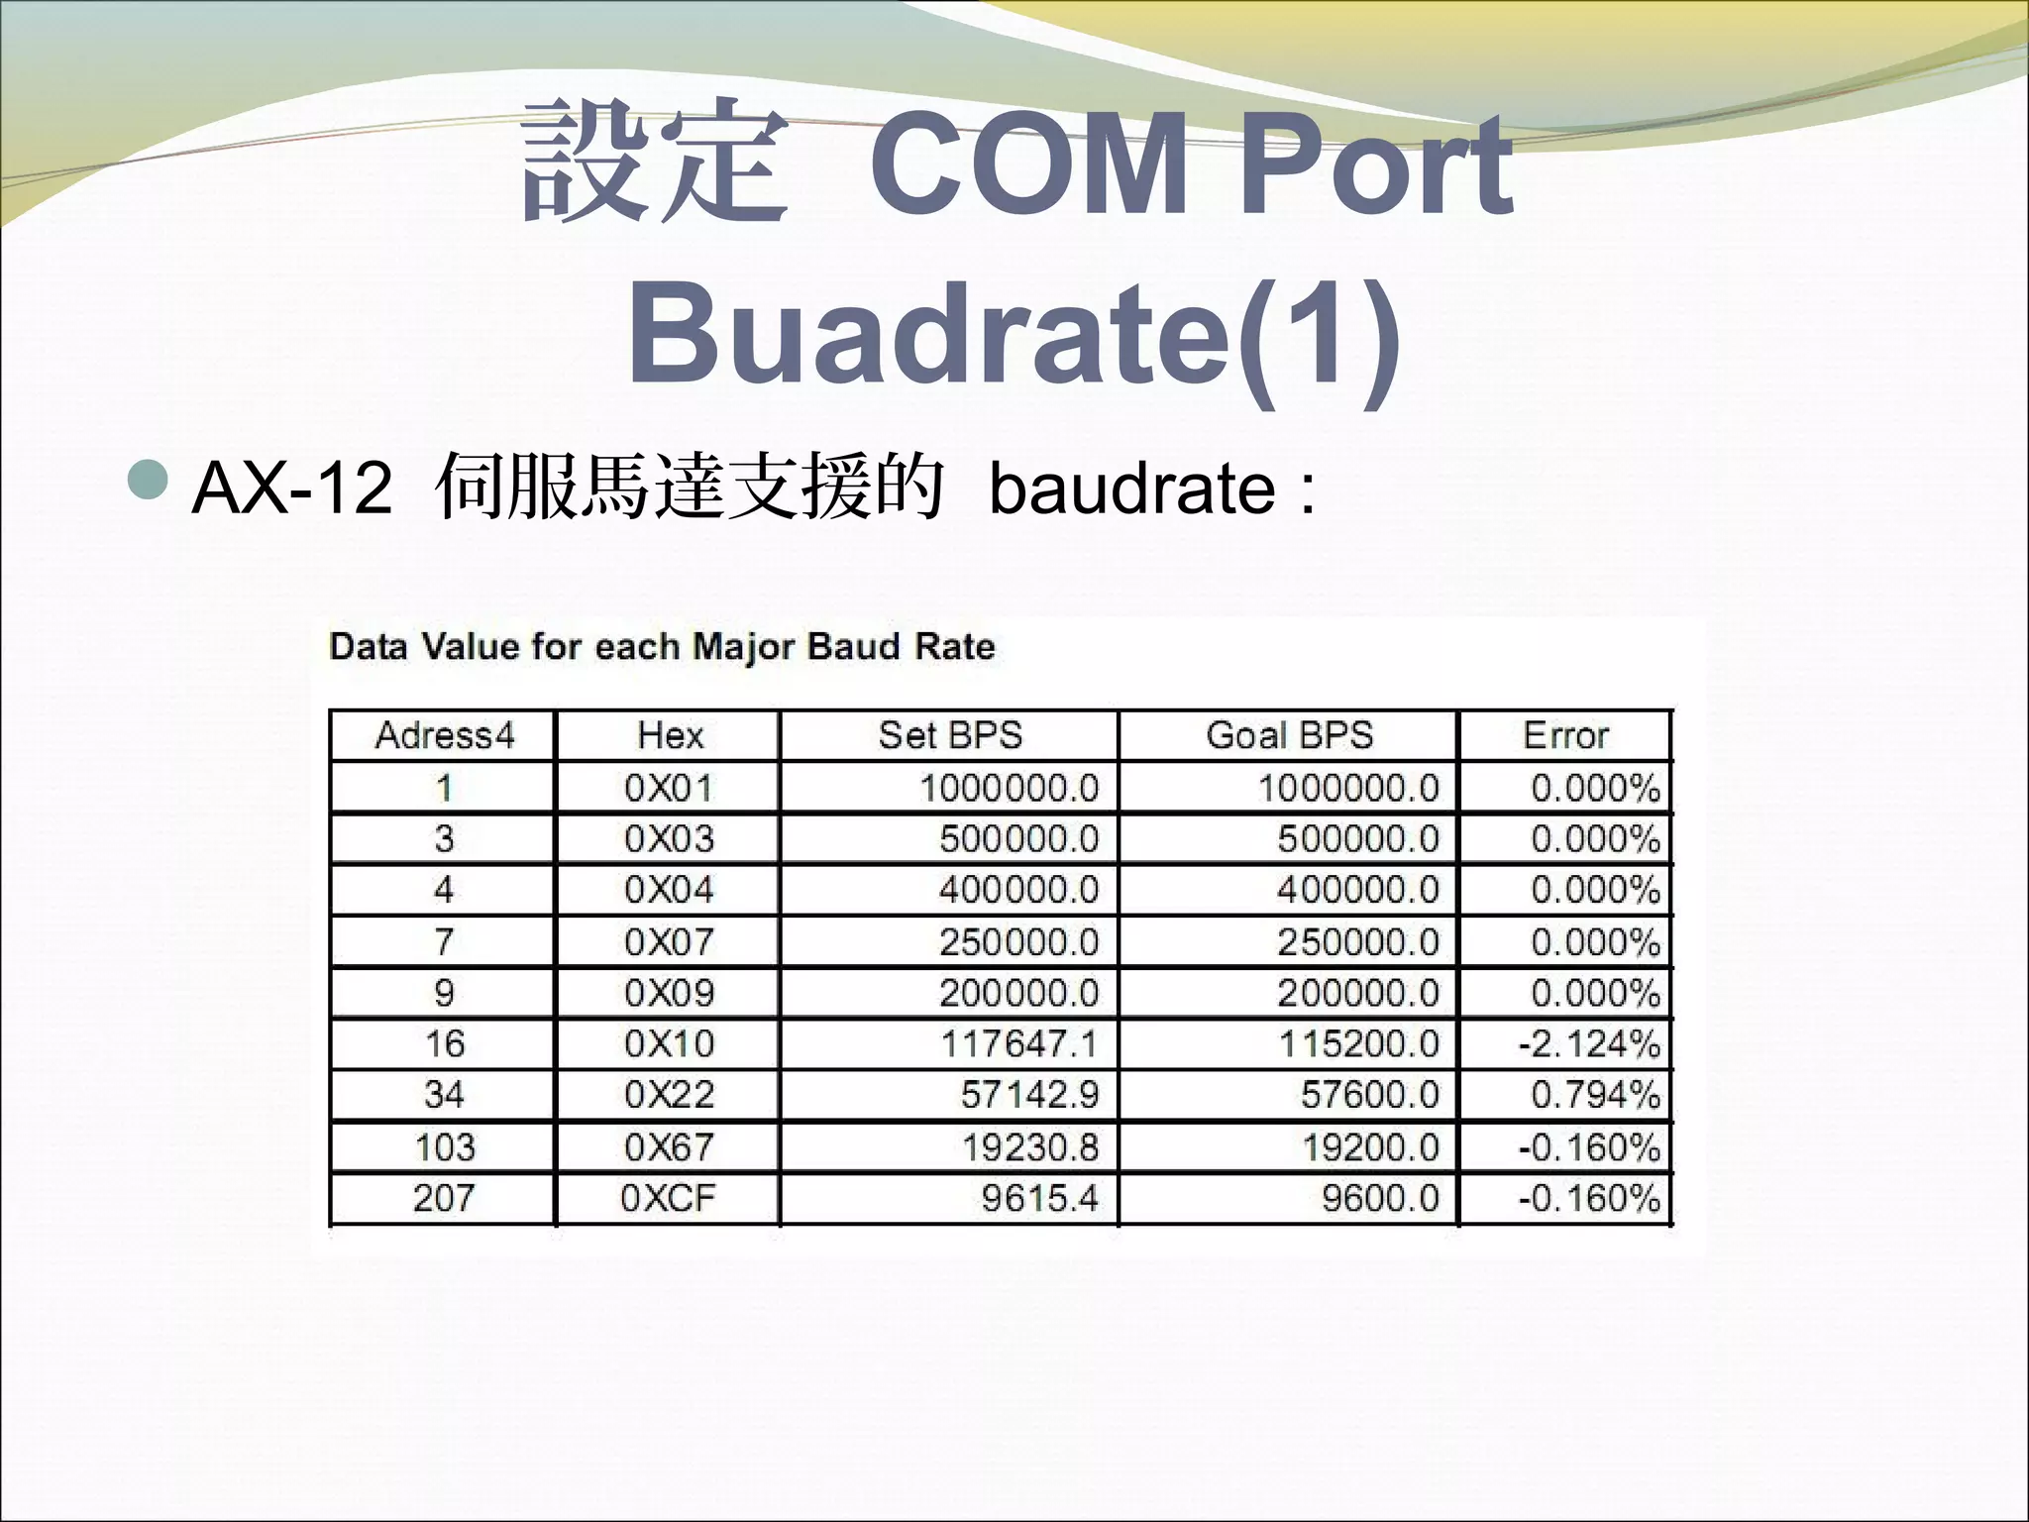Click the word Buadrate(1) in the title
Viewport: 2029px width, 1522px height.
[1014, 333]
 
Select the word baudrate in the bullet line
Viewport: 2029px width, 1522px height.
[1132, 489]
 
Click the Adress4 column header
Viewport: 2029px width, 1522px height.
[445, 735]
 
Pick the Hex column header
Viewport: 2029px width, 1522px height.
[670, 735]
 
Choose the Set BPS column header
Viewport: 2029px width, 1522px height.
[949, 735]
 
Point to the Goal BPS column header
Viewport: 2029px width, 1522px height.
[1289, 735]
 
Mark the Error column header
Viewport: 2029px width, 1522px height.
[1565, 735]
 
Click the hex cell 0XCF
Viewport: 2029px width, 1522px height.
[668, 1198]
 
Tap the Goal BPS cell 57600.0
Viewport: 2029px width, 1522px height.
[1369, 1095]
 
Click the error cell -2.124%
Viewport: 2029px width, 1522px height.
[1588, 1043]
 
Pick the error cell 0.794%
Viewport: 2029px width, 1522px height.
[1594, 1095]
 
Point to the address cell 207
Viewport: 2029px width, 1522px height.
[444, 1198]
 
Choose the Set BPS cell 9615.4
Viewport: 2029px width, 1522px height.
[1039, 1198]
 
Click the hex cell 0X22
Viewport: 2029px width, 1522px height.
[669, 1095]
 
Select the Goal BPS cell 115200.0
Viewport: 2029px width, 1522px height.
[1358, 1043]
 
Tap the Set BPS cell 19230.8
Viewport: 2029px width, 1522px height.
[1029, 1147]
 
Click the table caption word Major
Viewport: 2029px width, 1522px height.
[743, 647]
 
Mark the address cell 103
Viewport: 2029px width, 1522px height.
[445, 1147]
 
